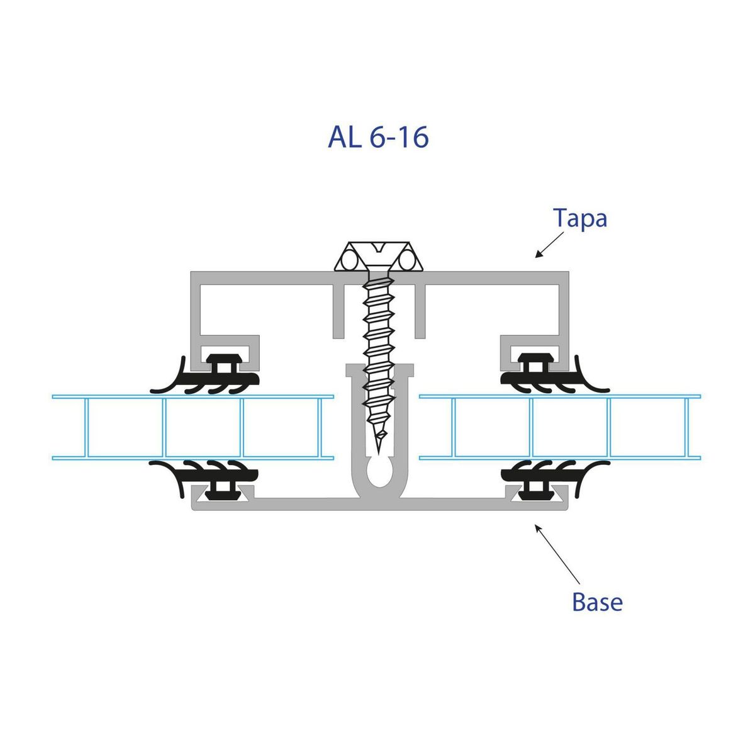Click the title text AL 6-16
point(378,137)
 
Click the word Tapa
point(580,218)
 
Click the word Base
point(597,602)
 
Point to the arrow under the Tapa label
point(547,245)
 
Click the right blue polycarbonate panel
point(560,428)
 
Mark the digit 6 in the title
point(377,137)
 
